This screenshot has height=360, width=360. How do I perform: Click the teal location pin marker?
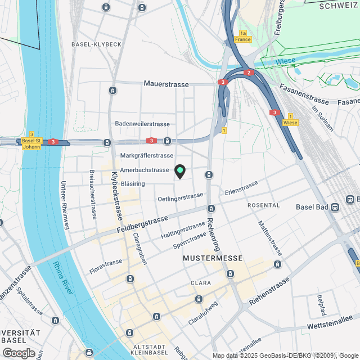click(180, 171)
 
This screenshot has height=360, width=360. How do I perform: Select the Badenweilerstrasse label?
click(142, 124)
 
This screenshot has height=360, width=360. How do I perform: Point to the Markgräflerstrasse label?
click(147, 155)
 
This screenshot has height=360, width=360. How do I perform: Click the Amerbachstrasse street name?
click(145, 169)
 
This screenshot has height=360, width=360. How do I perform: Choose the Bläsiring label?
click(133, 184)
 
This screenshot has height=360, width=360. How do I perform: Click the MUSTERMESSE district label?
click(213, 258)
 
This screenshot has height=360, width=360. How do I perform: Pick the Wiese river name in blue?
click(285, 62)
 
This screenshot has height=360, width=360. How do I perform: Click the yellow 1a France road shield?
click(243, 37)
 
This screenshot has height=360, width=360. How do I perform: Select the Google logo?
click(18, 353)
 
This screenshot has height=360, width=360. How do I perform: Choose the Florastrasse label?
click(105, 262)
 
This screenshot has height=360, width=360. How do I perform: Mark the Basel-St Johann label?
click(31, 144)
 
